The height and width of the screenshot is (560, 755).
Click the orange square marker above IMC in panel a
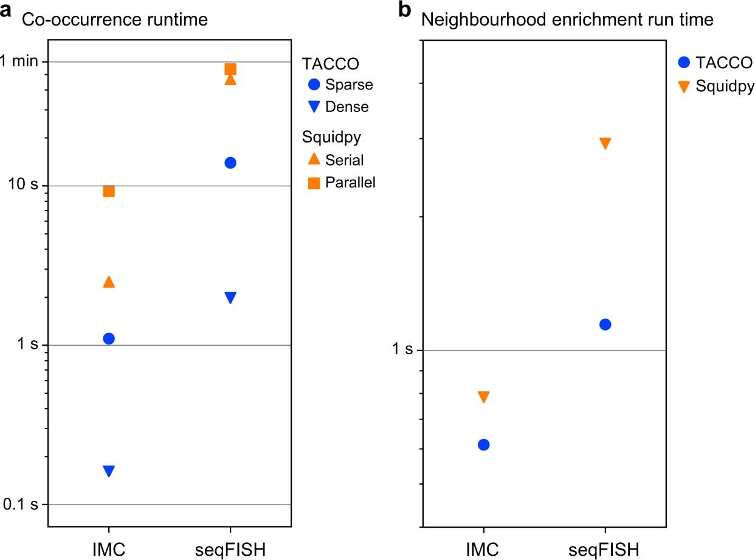(109, 191)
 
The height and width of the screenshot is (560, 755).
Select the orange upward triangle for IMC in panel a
(109, 282)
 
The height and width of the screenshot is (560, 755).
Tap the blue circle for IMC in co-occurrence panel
(109, 338)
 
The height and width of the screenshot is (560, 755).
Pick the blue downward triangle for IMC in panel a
(109, 471)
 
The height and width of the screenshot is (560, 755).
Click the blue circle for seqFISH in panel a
(230, 163)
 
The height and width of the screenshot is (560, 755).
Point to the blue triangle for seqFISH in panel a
(230, 297)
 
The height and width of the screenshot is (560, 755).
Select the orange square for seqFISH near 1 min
(230, 69)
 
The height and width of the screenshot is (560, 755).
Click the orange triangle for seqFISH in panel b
(605, 143)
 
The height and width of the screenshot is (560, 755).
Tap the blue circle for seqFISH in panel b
(605, 324)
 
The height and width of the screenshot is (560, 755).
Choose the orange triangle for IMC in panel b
(483, 397)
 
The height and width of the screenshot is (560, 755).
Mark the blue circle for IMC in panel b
(483, 445)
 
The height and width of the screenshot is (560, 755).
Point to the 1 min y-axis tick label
(20, 61)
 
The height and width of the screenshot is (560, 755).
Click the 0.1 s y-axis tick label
(19, 505)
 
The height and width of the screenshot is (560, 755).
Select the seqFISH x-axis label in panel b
(605, 550)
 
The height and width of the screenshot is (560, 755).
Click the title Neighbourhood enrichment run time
(567, 19)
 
